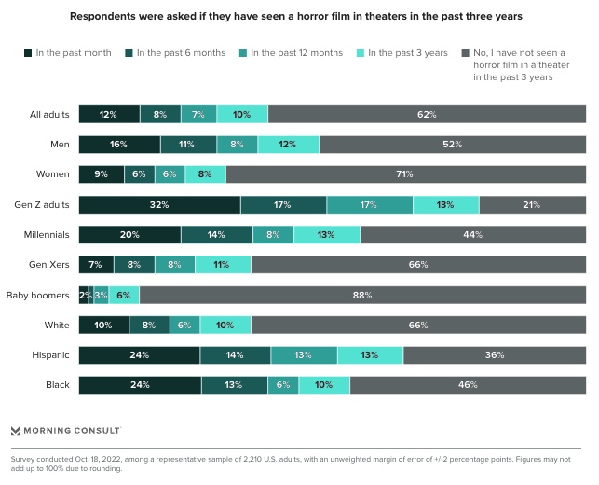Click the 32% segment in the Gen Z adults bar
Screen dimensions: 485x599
click(159, 205)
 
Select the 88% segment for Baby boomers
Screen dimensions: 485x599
click(362, 295)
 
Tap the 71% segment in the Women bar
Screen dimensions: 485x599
click(405, 174)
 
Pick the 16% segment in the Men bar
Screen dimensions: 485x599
click(119, 145)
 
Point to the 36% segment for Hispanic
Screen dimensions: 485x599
click(495, 355)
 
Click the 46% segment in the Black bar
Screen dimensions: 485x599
click(468, 385)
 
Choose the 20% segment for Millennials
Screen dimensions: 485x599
click(129, 235)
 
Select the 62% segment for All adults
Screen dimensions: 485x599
click(427, 115)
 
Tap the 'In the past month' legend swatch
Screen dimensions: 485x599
click(28, 53)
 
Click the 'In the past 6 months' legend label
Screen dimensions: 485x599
click(181, 53)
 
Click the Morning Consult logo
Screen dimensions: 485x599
click(65, 430)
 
